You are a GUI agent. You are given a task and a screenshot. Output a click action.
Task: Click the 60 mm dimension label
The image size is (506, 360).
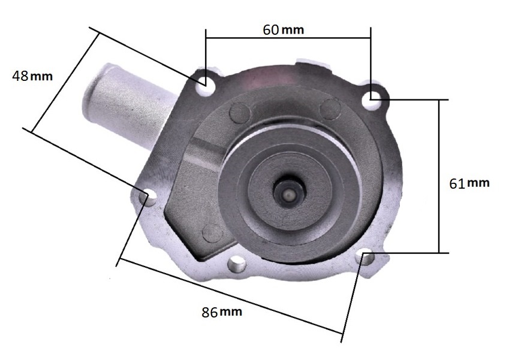(x=284, y=30)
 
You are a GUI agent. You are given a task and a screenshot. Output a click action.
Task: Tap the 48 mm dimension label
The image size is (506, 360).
(x=32, y=76)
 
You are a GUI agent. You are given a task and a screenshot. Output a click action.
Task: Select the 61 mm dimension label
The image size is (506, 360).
(x=469, y=183)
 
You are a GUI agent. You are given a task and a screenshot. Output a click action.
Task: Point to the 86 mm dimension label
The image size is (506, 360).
(x=222, y=312)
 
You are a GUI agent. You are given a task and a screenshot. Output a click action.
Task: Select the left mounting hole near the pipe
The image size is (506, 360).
(x=149, y=197)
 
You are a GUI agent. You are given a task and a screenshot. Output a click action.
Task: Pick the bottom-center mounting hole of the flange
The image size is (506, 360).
(x=237, y=264)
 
